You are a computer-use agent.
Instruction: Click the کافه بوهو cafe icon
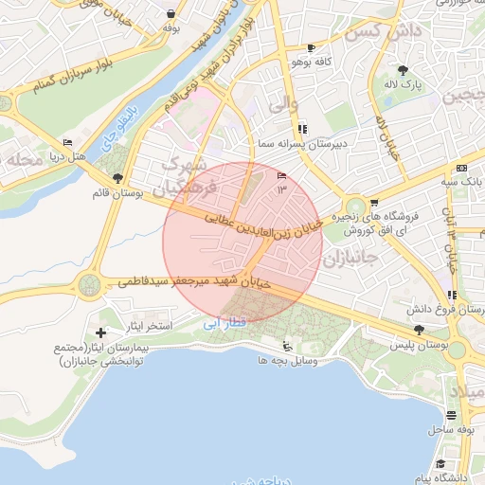click(311, 48)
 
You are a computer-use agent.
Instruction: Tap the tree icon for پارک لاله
click(403, 70)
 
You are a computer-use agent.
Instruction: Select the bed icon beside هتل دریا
click(67, 143)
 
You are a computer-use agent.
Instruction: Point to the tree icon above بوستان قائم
click(117, 178)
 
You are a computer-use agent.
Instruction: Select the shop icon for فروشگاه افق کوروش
click(375, 202)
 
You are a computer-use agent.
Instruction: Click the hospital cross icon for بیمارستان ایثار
click(101, 332)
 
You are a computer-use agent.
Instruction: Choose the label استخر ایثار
click(151, 326)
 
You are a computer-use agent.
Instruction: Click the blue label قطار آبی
click(225, 323)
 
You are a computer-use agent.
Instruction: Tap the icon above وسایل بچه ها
click(287, 347)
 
